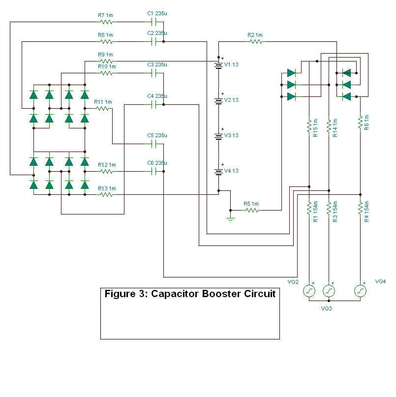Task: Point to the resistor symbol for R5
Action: click(252, 211)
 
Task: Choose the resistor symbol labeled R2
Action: click(256, 42)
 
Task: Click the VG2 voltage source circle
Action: click(309, 291)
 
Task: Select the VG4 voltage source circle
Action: click(361, 291)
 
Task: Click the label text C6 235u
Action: click(157, 163)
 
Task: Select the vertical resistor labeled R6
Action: click(361, 121)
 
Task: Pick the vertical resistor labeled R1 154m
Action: click(309, 208)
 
